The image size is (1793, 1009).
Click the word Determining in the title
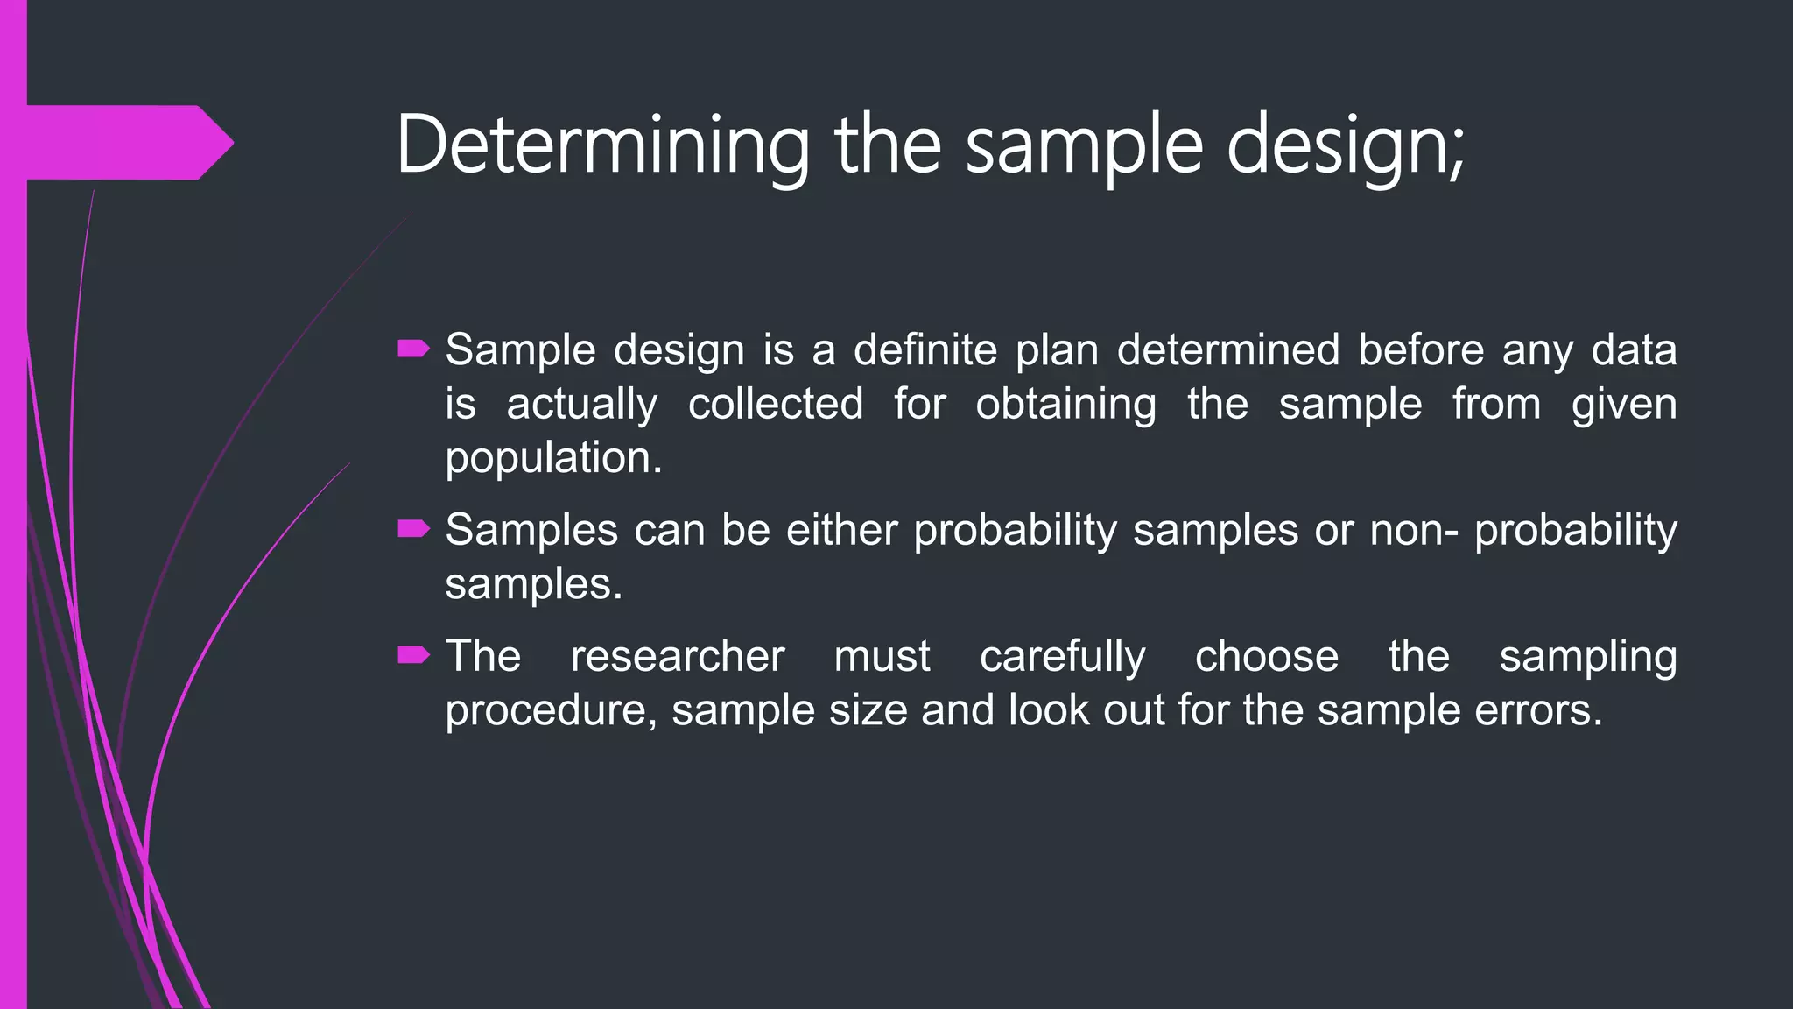[602, 145]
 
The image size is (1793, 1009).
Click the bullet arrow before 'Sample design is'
[413, 350]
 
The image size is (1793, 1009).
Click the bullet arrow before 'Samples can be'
[413, 529]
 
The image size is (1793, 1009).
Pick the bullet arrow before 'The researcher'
[413, 655]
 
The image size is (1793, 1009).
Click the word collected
[775, 405]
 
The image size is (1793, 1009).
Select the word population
[552, 459]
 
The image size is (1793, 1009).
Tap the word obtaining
[1065, 405]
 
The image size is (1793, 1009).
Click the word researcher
[678, 656]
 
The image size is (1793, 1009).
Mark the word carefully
[1062, 656]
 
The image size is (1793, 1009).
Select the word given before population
[1624, 405]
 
